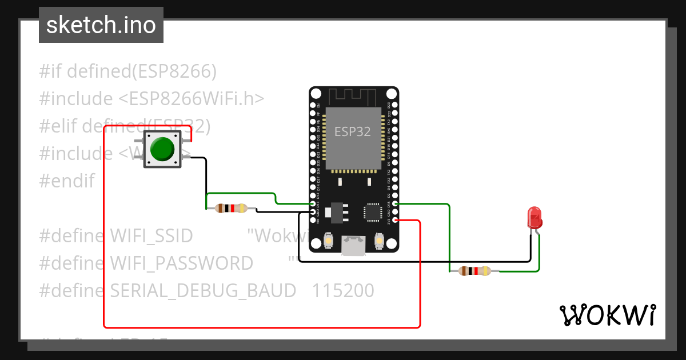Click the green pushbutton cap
[x=162, y=149]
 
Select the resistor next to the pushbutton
[x=230, y=209]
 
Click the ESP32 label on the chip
[x=352, y=132]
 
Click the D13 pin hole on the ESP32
[x=313, y=203]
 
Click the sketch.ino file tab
[x=101, y=25]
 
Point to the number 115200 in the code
[x=343, y=291]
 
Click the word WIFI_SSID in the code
[x=151, y=235]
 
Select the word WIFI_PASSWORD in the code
[x=181, y=263]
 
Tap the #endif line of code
[x=66, y=181]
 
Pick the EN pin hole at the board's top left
[x=313, y=106]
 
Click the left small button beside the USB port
[x=329, y=241]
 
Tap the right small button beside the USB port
[x=378, y=241]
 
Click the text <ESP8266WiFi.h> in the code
[x=192, y=99]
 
